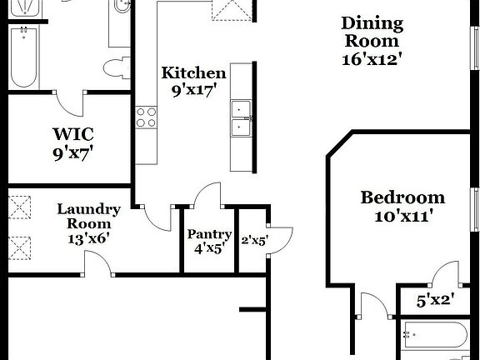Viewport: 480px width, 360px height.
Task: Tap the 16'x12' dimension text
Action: [372, 59]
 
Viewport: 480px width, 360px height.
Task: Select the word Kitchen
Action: [193, 72]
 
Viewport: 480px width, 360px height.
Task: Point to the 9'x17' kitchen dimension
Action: [193, 90]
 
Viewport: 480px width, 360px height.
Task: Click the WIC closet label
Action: [72, 134]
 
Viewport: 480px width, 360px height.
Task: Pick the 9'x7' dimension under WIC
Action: [72, 152]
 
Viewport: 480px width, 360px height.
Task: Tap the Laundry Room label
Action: [88, 216]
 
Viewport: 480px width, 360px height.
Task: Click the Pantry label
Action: [209, 234]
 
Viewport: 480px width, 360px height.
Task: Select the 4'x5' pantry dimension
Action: [209, 247]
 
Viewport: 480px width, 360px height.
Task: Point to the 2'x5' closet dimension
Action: [253, 242]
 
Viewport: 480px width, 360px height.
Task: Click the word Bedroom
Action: [402, 197]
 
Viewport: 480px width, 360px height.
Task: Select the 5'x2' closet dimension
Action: [435, 297]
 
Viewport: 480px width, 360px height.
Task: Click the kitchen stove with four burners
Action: [147, 117]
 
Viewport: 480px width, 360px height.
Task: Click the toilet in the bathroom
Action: [116, 67]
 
